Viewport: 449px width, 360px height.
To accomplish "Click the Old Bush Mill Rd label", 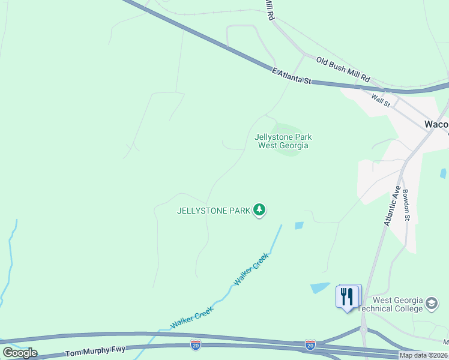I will pyautogui.click(x=343, y=70).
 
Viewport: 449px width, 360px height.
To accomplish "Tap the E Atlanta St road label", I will pyautogui.click(x=292, y=76).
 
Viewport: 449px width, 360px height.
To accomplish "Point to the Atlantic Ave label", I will pyautogui.click(x=392, y=205).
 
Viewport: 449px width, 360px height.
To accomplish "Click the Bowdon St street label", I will pyautogui.click(x=406, y=205).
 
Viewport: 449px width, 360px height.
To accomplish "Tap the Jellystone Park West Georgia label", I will pyautogui.click(x=283, y=141).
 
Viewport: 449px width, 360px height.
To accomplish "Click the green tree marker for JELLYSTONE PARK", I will pyautogui.click(x=259, y=209).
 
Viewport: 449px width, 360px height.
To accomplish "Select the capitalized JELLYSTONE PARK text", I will pyautogui.click(x=213, y=211).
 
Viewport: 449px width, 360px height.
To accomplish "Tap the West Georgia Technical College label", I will pyautogui.click(x=398, y=304).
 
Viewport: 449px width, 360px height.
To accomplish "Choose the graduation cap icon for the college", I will pyautogui.click(x=432, y=304).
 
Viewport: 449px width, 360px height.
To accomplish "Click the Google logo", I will pyautogui.click(x=20, y=353).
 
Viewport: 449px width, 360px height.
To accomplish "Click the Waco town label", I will pyautogui.click(x=436, y=124).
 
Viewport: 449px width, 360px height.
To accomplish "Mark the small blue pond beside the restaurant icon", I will pyautogui.click(x=320, y=287).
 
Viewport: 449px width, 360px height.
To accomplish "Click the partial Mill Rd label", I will pyautogui.click(x=270, y=11).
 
